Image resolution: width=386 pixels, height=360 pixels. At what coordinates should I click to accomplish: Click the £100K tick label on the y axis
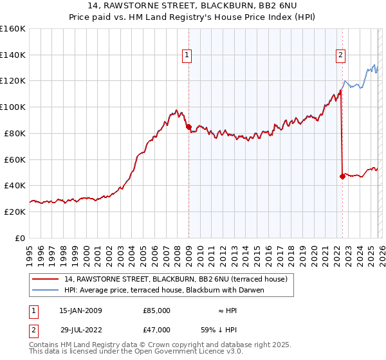pos(12,107)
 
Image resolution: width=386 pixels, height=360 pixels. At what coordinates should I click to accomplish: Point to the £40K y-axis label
pos(14,185)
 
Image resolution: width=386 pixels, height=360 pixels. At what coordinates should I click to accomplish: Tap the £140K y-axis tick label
pos(12,55)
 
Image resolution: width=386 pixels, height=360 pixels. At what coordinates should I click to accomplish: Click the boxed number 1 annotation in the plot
pos(187,56)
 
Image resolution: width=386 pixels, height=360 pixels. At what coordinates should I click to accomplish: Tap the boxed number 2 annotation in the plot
pos(340,56)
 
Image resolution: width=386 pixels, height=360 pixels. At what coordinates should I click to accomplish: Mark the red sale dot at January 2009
pos(188,127)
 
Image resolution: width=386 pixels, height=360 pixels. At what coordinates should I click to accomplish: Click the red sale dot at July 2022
pos(342,176)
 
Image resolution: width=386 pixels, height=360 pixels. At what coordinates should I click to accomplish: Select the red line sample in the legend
pos(45,279)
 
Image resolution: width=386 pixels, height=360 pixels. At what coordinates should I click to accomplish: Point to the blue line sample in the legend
pos(45,290)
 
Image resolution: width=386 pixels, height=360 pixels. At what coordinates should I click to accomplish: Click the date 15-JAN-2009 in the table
pos(80,310)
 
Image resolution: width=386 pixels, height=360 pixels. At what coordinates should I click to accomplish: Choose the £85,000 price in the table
pos(156,310)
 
